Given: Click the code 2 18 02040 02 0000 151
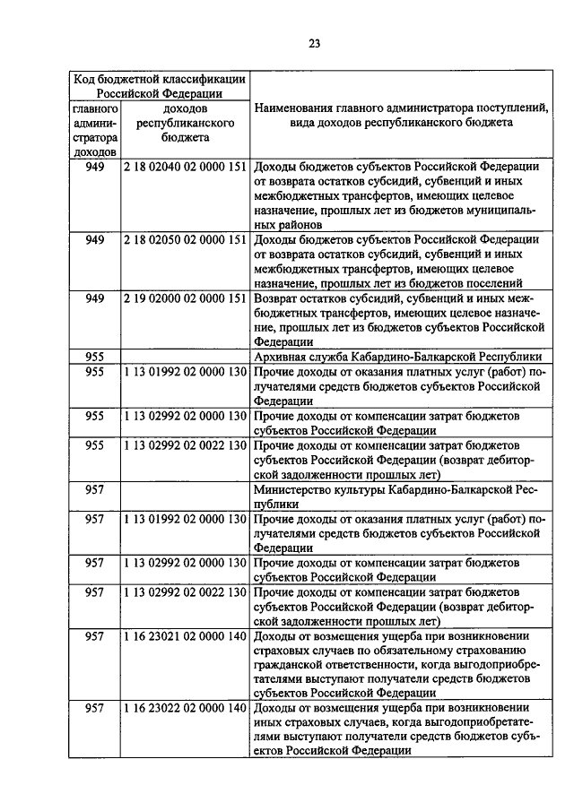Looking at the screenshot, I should point(186,167).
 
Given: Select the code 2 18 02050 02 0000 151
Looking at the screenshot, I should point(186,239).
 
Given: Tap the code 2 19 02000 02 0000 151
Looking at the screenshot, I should point(186,298).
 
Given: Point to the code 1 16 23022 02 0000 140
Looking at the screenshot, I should point(186,708).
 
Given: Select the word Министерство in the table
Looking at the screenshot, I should point(295,489).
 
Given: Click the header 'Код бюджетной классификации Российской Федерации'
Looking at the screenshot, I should point(161,84).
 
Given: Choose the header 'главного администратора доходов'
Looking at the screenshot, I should point(95,130).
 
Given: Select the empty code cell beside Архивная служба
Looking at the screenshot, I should point(186,356).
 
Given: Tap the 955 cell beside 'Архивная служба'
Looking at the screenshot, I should point(95,356).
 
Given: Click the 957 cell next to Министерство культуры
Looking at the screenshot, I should point(95,490).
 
